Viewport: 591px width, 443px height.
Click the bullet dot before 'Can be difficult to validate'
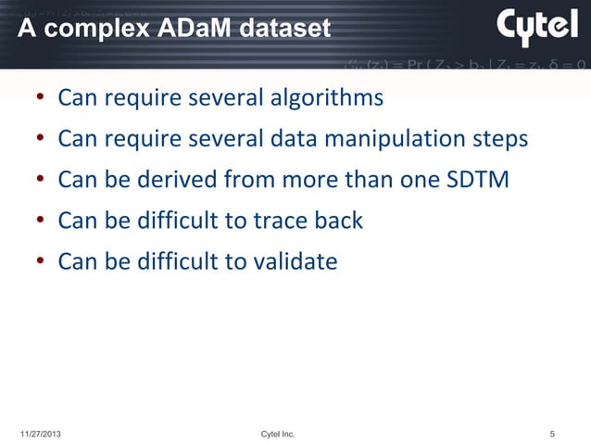tap(41, 264)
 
